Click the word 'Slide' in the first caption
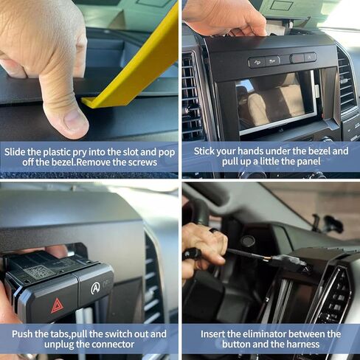click(x=15, y=151)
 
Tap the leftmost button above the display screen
click(x=256, y=62)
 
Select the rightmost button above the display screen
click(x=310, y=58)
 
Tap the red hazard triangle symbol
click(x=57, y=303)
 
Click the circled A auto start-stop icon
click(x=96, y=288)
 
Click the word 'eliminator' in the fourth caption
click(x=268, y=334)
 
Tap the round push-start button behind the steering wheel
click(x=248, y=241)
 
